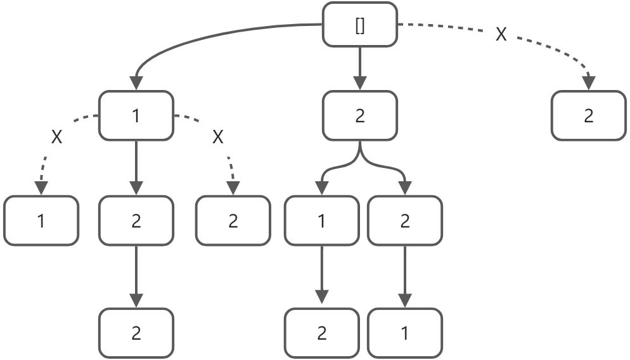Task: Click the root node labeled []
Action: click(360, 25)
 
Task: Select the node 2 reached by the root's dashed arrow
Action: click(589, 116)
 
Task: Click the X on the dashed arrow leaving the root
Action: click(501, 35)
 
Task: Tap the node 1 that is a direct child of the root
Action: click(136, 116)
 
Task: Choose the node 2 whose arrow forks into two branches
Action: click(360, 116)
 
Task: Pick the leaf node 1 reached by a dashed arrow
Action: click(41, 221)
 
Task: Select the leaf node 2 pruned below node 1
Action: click(233, 221)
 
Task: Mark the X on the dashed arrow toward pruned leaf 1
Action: click(57, 137)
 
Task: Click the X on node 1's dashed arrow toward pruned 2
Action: click(218, 137)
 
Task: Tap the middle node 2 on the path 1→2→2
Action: click(136, 221)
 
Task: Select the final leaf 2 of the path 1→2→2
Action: click(136, 333)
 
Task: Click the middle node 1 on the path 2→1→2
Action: click(321, 221)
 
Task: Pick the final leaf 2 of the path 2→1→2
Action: click(321, 333)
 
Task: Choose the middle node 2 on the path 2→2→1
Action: click(404, 221)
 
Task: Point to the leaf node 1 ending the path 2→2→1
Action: click(404, 333)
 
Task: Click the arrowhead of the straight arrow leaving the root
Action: click(360, 83)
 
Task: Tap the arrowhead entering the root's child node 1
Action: click(136, 83)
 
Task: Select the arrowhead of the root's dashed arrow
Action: click(589, 82)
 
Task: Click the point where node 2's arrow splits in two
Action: click(360, 155)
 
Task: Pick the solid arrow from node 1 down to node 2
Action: click(136, 168)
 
